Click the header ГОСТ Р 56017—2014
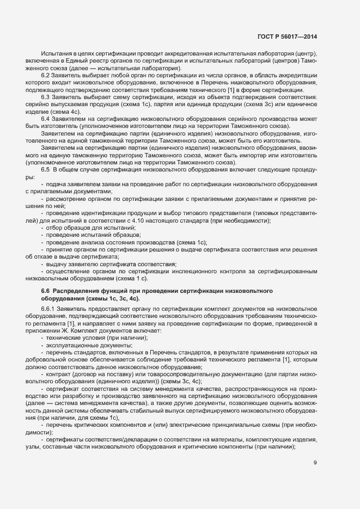(287, 36)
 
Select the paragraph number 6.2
(46, 76)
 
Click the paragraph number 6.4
(46, 119)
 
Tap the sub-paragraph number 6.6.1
(48, 309)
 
